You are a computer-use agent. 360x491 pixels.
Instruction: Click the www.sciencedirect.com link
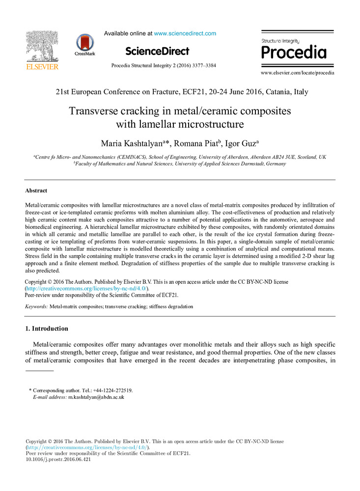point(185,33)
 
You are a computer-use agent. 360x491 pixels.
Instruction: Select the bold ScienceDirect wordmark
point(157,51)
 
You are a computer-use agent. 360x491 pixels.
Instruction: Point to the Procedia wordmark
point(294,52)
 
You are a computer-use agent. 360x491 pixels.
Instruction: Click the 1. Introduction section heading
point(47,328)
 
